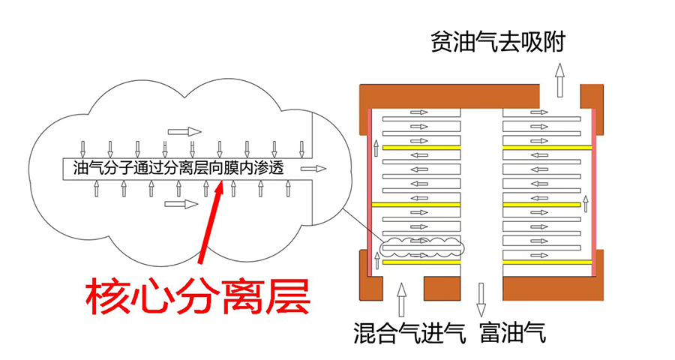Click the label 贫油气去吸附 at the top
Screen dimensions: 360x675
click(x=497, y=42)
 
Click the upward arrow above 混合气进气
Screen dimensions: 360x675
click(x=402, y=299)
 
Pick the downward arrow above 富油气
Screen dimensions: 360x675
click(x=481, y=299)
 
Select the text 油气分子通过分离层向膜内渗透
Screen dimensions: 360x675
click(x=178, y=168)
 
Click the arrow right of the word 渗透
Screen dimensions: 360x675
click(x=313, y=169)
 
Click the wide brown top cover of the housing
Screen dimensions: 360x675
click(x=450, y=95)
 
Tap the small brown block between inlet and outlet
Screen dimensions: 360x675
click(x=442, y=287)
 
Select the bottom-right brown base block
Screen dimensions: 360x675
click(x=553, y=287)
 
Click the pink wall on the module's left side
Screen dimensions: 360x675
click(x=370, y=187)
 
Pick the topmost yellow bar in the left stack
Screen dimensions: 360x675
click(x=421, y=148)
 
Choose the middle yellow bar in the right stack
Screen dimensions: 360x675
click(x=541, y=203)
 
